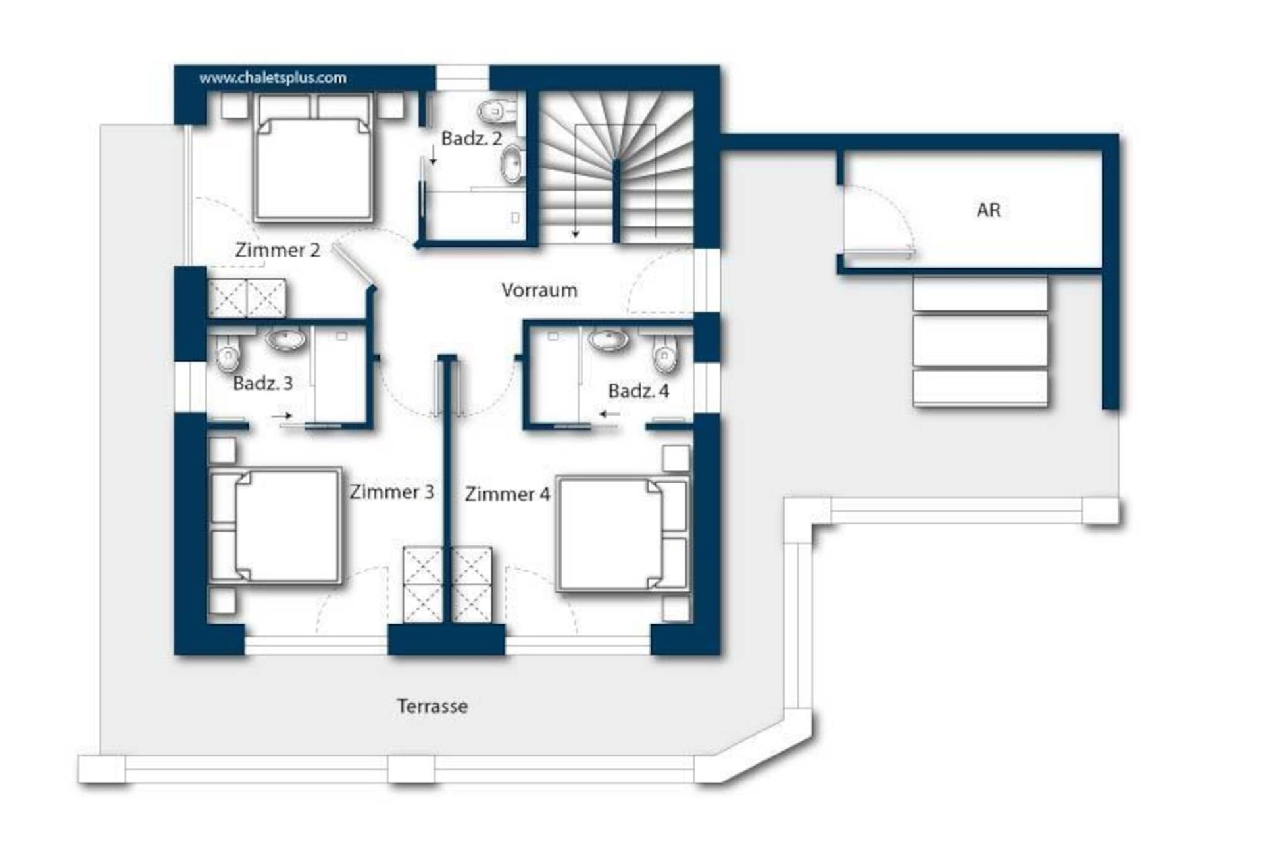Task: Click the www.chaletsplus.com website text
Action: (273, 78)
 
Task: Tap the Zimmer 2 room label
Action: (278, 250)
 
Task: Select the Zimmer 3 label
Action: (392, 492)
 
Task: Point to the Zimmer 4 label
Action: (507, 494)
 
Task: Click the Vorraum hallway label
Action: (539, 290)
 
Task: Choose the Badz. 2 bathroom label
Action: (472, 139)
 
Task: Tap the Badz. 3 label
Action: (263, 383)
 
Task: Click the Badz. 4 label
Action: (639, 391)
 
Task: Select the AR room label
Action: (989, 210)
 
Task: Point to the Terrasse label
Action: (432, 706)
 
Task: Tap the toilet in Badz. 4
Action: (665, 353)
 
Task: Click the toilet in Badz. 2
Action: (498, 111)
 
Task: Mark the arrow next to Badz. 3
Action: (282, 416)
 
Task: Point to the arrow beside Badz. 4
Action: (610, 414)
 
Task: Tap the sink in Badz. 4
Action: (608, 339)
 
